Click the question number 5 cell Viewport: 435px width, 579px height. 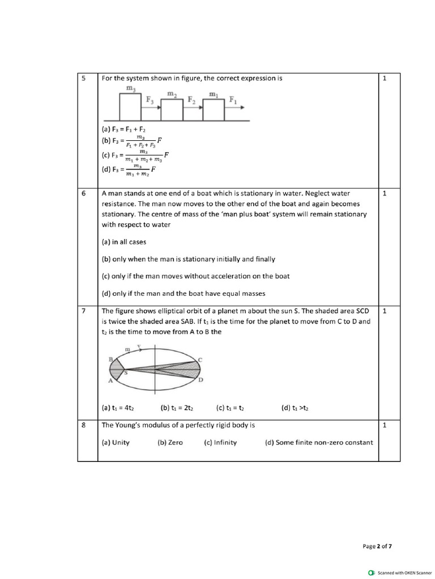tap(83, 79)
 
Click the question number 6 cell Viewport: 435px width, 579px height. tap(83, 193)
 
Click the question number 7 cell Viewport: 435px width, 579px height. tap(83, 311)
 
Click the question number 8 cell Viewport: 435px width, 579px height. tap(83, 425)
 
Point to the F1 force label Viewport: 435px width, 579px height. tap(233, 101)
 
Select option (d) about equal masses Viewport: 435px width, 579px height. tap(183, 293)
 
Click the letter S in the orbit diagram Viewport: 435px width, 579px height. tap(125, 373)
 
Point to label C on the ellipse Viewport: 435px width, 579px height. tap(200, 360)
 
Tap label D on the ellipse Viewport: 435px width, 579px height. tap(200, 381)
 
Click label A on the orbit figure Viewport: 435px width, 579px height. tap(110, 381)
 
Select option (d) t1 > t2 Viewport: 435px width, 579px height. tap(295, 407)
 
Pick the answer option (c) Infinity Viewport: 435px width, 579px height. tap(220, 443)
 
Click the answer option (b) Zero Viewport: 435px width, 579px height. tap(170, 443)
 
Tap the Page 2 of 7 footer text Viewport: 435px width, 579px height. tap(377, 546)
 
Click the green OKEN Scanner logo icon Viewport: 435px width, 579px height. tap(372, 572)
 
